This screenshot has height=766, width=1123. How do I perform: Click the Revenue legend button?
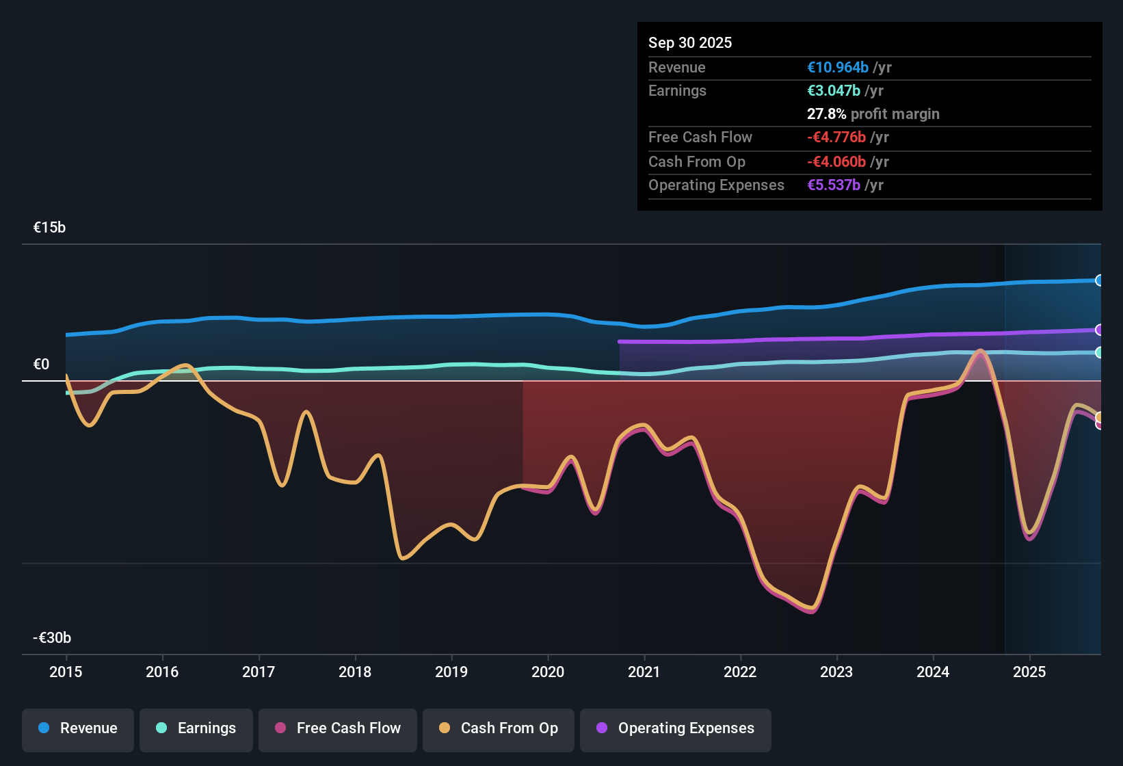[78, 728]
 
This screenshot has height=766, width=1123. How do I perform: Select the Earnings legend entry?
[196, 728]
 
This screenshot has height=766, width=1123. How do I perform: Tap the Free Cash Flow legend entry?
[338, 728]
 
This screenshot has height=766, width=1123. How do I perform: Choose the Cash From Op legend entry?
[499, 728]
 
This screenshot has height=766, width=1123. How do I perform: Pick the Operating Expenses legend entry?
[676, 728]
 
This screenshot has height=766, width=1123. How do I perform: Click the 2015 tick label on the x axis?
[66, 672]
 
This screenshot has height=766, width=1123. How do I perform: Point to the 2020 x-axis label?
[548, 672]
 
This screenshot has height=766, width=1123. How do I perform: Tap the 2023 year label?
[836, 672]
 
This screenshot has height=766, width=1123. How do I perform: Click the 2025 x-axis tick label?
[1029, 672]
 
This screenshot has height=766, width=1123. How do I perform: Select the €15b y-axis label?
[49, 228]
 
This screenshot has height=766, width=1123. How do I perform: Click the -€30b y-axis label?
[52, 638]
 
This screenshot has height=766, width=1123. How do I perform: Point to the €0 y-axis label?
[42, 365]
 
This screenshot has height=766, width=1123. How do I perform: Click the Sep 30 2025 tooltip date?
[690, 42]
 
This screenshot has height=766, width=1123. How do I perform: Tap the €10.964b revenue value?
[838, 67]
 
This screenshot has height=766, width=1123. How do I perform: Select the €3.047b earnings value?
[834, 90]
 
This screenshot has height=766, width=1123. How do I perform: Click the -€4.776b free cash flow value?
[836, 137]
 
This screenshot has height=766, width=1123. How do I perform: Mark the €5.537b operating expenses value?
[834, 185]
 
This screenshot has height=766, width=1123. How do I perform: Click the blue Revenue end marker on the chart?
[1099, 280]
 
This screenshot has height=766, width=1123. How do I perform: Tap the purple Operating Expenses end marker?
[1099, 330]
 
